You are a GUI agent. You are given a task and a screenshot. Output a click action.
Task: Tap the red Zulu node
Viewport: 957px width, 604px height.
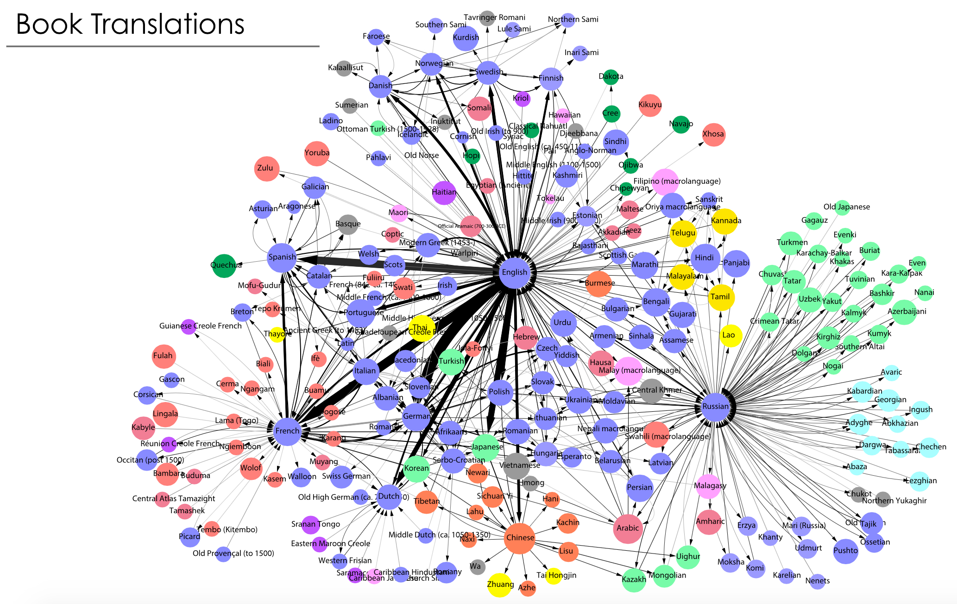[267, 169]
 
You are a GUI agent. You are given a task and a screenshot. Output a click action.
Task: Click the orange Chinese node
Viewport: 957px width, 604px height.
[519, 538]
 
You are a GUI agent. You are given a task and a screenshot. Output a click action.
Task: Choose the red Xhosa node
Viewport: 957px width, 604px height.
[713, 135]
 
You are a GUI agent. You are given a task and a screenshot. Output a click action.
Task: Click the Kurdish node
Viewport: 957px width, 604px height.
[466, 38]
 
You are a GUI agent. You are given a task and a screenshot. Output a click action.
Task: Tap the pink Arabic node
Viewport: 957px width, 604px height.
[628, 528]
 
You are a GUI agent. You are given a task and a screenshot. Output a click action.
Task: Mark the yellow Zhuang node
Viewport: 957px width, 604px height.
[499, 585]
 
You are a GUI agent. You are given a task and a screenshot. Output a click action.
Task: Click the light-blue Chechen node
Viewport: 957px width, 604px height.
[929, 447]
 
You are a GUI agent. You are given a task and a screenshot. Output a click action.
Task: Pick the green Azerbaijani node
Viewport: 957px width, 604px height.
[904, 312]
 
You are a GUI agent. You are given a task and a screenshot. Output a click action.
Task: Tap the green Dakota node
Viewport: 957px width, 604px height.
[611, 77]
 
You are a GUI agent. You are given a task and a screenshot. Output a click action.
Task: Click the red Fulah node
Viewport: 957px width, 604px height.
[164, 356]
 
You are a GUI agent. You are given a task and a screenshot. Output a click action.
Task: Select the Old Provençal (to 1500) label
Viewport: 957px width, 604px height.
[233, 554]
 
